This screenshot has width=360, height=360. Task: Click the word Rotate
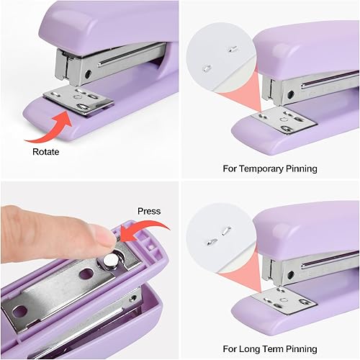46,152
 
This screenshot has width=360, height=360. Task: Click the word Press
149,212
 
